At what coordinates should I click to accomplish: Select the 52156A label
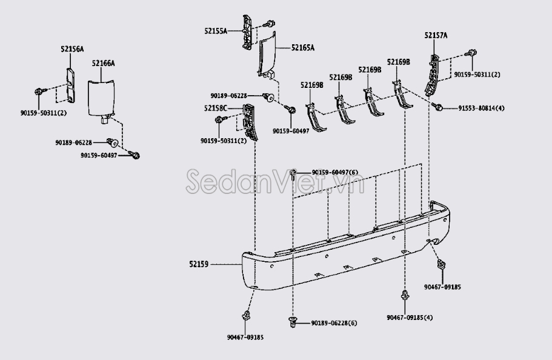(x=72, y=49)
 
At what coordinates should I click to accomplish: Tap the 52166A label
(x=104, y=63)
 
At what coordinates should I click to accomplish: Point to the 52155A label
(x=216, y=31)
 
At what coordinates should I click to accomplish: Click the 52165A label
(x=302, y=47)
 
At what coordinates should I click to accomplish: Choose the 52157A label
(x=436, y=36)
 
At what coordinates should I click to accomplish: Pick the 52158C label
(x=215, y=108)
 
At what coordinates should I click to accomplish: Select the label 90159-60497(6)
(x=335, y=173)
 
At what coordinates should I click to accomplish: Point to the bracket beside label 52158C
(x=249, y=121)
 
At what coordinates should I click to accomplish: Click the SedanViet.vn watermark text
(x=274, y=179)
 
